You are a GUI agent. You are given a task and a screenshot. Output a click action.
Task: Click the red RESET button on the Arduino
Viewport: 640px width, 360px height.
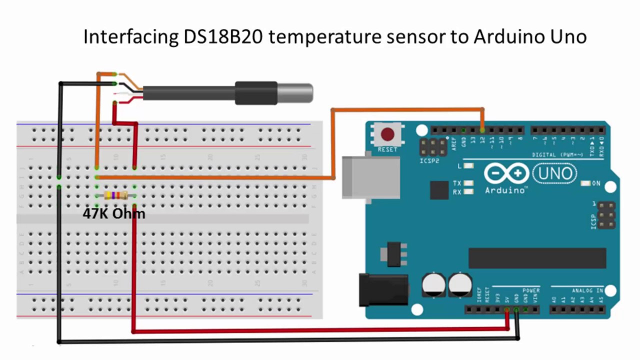[x=387, y=134]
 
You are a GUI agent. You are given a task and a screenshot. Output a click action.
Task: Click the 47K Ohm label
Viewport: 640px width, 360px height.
[x=114, y=214]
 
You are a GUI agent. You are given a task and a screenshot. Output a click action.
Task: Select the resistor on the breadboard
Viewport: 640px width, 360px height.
[x=115, y=195]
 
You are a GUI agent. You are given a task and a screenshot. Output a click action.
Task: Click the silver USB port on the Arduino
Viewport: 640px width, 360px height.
[x=370, y=177]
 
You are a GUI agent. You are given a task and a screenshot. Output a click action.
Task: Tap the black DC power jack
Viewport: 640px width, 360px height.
[x=383, y=289]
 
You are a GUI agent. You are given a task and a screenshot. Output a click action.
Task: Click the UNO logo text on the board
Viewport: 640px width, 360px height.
[x=555, y=174]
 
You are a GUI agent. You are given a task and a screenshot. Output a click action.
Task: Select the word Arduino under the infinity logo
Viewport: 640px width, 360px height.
[x=505, y=190]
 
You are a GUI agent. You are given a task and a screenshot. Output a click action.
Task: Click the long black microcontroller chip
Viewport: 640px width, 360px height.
[x=537, y=258]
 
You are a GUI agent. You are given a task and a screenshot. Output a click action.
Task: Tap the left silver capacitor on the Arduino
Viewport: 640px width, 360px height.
[x=433, y=284]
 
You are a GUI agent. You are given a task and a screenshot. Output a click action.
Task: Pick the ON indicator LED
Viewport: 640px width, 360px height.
[x=585, y=183]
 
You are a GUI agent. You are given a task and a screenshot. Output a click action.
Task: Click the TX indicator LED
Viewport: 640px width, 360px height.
[x=468, y=183]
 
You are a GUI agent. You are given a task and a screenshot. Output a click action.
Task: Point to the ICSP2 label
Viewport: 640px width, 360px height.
[x=429, y=161]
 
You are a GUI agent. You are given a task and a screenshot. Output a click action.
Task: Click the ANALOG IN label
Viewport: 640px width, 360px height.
[x=587, y=290]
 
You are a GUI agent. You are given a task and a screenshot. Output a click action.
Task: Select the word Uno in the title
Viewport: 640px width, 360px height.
[x=568, y=37]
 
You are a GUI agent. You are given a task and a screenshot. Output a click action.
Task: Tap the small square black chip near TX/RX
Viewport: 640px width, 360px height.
[x=439, y=190]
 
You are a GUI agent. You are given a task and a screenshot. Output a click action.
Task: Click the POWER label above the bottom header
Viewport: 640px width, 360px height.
[x=531, y=290]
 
